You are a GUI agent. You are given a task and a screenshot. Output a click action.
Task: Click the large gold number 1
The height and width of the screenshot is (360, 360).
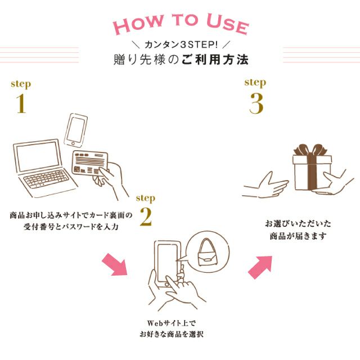click(x=21, y=104)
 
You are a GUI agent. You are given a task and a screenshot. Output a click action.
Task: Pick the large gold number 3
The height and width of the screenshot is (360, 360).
click(x=256, y=103)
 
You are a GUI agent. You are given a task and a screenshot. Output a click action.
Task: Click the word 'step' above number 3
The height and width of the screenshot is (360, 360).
click(x=255, y=82)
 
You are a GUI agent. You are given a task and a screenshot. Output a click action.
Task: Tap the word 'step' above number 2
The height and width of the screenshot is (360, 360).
click(x=146, y=198)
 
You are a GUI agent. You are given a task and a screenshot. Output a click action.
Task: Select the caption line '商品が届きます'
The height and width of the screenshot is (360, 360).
click(x=297, y=236)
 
